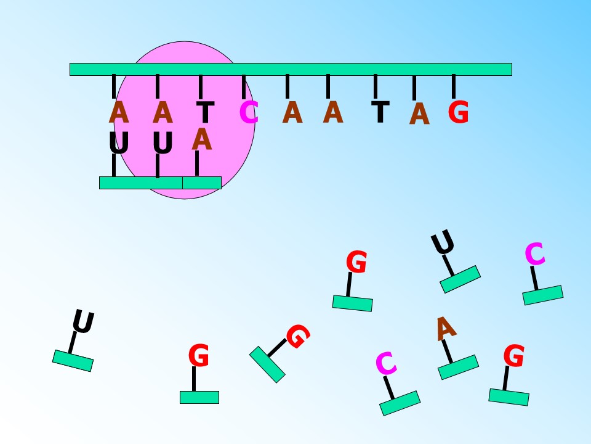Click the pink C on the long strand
(249, 112)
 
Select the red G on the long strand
(458, 112)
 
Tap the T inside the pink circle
(206, 112)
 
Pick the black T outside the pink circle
(380, 112)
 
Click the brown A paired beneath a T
(202, 139)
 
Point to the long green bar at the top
(291, 70)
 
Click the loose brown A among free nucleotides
(446, 329)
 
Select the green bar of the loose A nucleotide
(458, 367)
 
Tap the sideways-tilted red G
(298, 336)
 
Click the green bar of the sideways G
(267, 364)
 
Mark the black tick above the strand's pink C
(244, 87)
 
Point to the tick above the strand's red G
(454, 86)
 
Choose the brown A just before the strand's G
(419, 113)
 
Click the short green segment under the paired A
(202, 183)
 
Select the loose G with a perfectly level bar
(199, 355)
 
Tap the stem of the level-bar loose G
(194, 379)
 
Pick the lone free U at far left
(83, 321)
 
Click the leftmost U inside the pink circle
(119, 142)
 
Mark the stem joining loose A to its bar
(448, 351)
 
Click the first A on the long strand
(119, 112)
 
